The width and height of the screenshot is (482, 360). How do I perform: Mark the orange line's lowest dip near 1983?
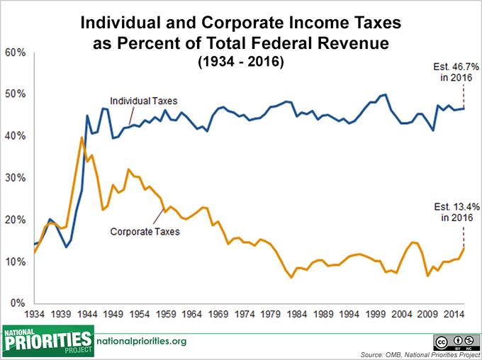[291, 277]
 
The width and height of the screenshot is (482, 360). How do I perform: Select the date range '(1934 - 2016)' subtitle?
[241, 62]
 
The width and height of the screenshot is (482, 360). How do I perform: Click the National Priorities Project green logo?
[47, 342]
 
